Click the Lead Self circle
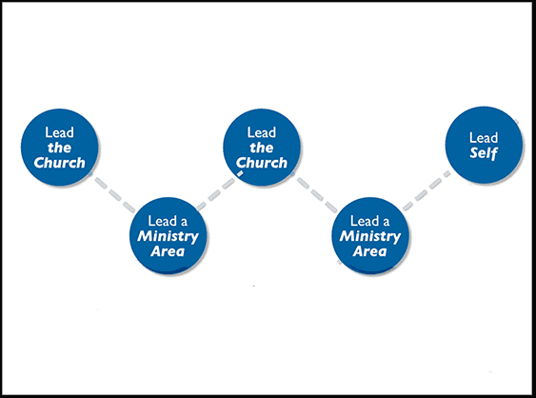tap(484, 145)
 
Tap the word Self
tap(484, 152)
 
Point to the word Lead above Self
tap(484, 137)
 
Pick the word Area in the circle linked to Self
tap(371, 251)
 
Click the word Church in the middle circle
tap(262, 163)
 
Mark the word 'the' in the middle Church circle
tap(262, 148)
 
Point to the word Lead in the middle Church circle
tap(262, 132)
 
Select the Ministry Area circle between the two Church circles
tap(169, 234)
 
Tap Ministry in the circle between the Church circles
tap(169, 236)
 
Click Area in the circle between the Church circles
tap(169, 251)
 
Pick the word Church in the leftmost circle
tap(60, 163)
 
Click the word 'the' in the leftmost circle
tap(60, 148)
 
